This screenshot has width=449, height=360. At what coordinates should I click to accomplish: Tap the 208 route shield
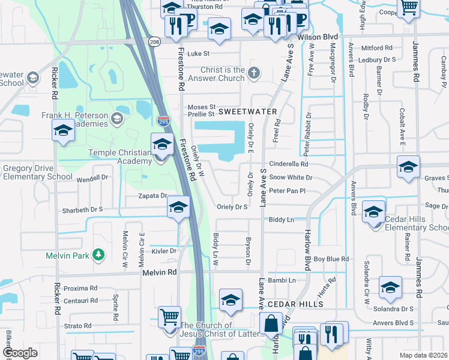tap(155, 43)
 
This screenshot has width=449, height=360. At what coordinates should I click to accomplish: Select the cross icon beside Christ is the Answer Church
tap(254, 73)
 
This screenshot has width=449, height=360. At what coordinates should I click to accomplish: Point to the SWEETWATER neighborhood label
tap(247, 112)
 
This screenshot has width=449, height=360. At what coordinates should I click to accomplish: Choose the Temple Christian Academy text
tap(120, 157)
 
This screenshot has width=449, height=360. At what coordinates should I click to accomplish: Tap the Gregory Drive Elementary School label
tap(37, 173)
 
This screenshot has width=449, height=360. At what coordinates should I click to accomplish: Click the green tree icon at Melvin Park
tap(98, 255)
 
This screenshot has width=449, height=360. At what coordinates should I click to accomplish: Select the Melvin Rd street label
tap(159, 272)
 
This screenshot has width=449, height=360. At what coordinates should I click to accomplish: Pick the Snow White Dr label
tap(291, 178)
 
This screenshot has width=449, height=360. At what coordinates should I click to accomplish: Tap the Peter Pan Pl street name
tap(288, 191)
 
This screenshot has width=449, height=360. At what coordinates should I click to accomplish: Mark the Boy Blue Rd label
tap(331, 259)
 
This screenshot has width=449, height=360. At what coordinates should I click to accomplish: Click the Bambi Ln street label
tap(283, 280)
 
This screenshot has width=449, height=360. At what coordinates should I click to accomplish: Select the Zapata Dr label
tap(151, 196)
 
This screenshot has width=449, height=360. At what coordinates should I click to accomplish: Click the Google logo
tap(20, 353)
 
